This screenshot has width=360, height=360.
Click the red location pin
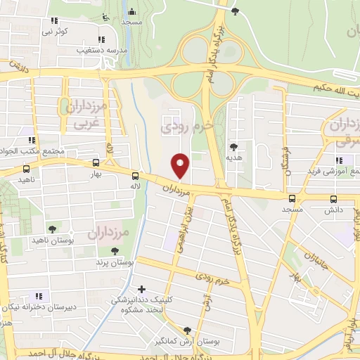point(181,166)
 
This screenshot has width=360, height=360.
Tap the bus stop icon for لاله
point(134,177)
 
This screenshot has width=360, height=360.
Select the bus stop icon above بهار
point(96,162)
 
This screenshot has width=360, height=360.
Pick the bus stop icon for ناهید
point(26,169)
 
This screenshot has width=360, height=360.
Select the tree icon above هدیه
point(233,148)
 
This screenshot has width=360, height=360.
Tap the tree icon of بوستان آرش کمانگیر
point(186,330)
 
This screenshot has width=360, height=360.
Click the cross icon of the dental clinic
point(142,288)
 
